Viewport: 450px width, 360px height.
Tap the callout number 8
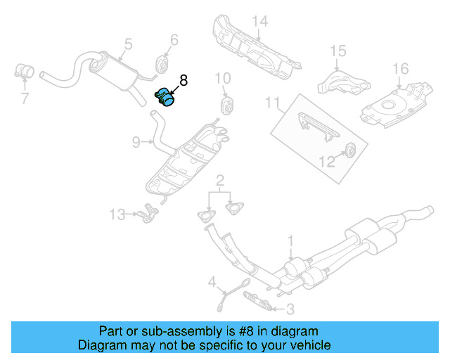click(x=184, y=81)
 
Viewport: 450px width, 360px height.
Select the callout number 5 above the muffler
click(x=127, y=44)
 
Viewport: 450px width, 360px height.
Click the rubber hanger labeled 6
click(x=160, y=65)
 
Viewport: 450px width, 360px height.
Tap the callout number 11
click(x=272, y=103)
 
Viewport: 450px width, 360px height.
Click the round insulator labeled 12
click(x=349, y=149)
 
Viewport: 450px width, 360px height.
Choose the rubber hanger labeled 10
click(x=227, y=106)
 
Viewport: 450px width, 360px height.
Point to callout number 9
click(x=136, y=142)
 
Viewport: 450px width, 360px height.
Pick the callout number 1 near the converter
click(x=290, y=243)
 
